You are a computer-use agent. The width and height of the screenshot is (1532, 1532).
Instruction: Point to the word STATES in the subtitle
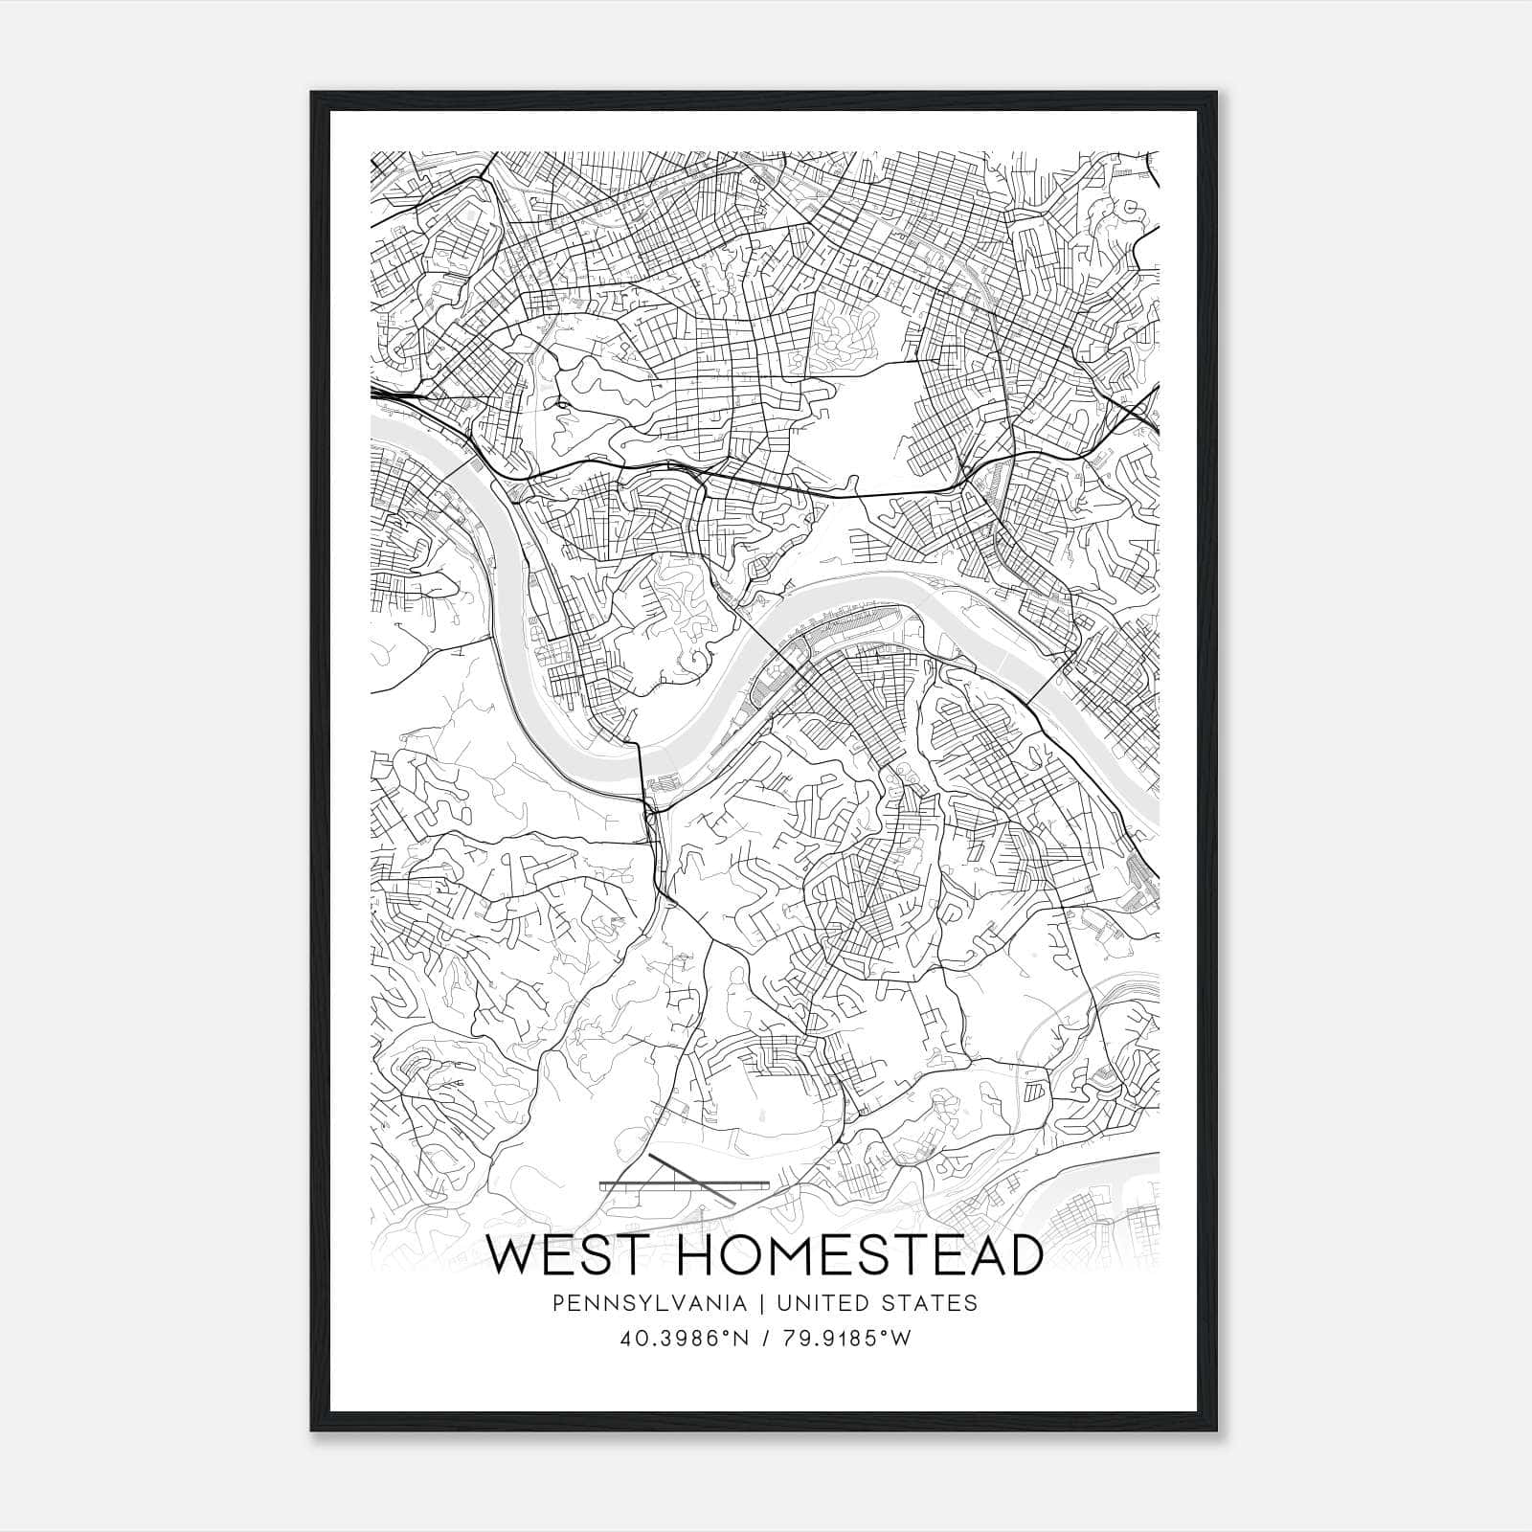coord(935,1303)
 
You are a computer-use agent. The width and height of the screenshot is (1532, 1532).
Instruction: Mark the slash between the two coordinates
coord(767,1339)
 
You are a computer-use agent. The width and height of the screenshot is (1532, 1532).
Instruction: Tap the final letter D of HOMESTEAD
coord(1023,1255)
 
